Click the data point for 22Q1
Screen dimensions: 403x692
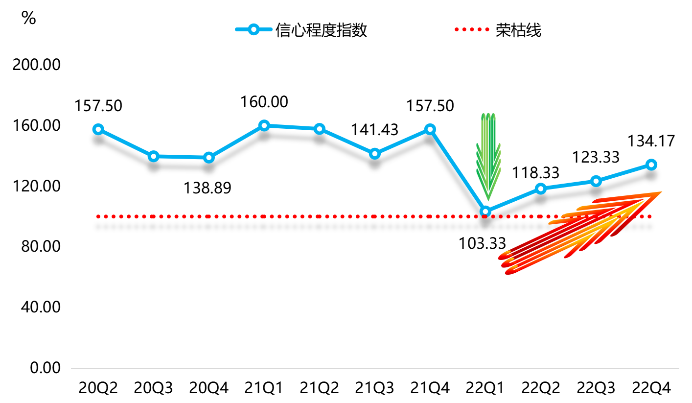coord(485,212)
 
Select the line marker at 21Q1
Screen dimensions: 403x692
coord(264,125)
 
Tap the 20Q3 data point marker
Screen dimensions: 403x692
coord(154,157)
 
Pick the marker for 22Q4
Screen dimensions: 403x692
coord(651,165)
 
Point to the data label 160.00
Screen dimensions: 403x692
coord(264,102)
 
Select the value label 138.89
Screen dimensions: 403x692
coord(207,188)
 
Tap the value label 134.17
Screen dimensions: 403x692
coord(651,141)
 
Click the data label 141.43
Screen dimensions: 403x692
coord(375,130)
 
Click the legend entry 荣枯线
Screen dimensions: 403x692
coord(518,30)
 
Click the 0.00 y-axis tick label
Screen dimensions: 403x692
coord(45,368)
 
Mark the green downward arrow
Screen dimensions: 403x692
coord(488,157)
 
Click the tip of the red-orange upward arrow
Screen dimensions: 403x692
coord(661,192)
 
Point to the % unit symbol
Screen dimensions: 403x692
coord(29,18)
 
